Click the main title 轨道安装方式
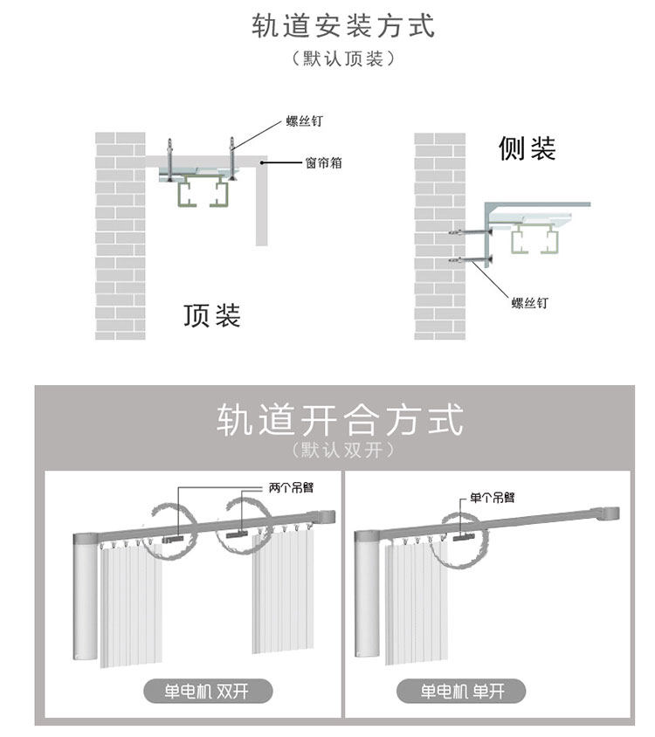pyautogui.click(x=342, y=25)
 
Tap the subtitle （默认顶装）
pyautogui.click(x=342, y=59)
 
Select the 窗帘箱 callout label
pyautogui.click(x=323, y=163)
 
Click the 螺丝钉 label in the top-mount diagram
pyautogui.click(x=305, y=121)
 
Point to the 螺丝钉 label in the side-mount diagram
pyautogui.click(x=530, y=303)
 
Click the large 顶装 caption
pyautogui.click(x=212, y=315)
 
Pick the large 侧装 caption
pyautogui.click(x=527, y=148)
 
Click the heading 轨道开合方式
pyautogui.click(x=340, y=420)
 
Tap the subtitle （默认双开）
pyautogui.click(x=342, y=451)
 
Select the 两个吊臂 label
pyautogui.click(x=291, y=488)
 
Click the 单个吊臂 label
pyautogui.click(x=493, y=497)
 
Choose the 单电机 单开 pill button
pyautogui.click(x=461, y=692)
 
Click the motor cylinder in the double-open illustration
pyautogui.click(x=86, y=597)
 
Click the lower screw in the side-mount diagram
pyautogui.click(x=471, y=260)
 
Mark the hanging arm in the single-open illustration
pyautogui.click(x=464, y=537)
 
